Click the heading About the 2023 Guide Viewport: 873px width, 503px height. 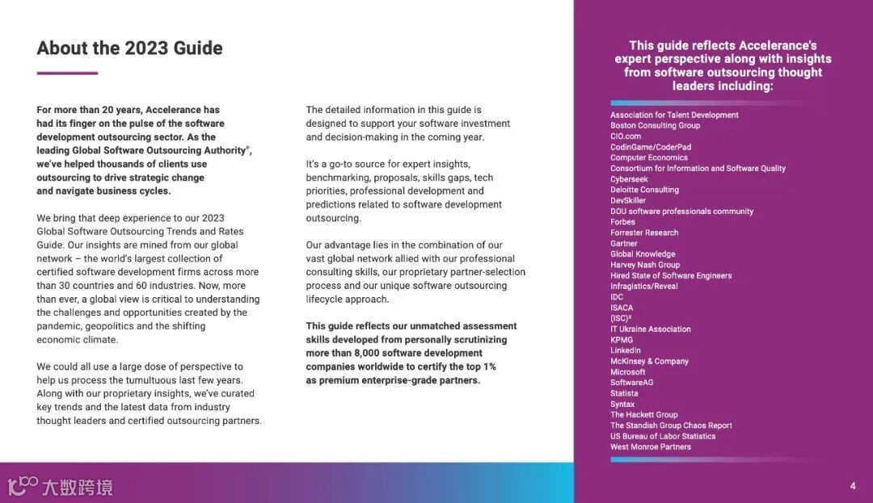[x=129, y=48]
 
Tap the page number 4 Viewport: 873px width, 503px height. [x=853, y=486]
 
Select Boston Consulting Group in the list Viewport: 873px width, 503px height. [x=655, y=126]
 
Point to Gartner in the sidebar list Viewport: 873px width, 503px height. [x=624, y=243]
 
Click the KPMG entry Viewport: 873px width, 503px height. [x=622, y=340]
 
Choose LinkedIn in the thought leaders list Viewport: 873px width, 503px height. [x=626, y=350]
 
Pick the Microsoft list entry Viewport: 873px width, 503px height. [x=628, y=372]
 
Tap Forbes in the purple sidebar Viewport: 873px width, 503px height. [x=622, y=222]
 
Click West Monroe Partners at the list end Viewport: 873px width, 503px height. [x=651, y=446]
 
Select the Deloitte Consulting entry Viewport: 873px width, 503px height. [x=644, y=190]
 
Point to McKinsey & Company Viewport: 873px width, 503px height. [x=649, y=362]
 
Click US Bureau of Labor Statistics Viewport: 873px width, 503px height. [x=663, y=436]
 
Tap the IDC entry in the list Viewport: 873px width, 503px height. [x=617, y=297]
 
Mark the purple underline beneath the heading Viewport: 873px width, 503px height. [x=67, y=73]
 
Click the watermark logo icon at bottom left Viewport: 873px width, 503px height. [x=23, y=486]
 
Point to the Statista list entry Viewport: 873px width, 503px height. [x=624, y=393]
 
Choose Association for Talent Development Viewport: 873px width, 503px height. [x=674, y=115]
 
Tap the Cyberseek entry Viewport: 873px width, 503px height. [x=629, y=179]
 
